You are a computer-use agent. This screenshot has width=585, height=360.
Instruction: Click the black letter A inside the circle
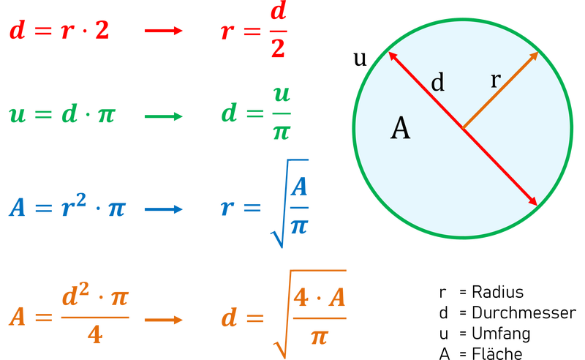coord(400,129)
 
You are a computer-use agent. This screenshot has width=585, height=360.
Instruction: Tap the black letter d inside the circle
coord(437,82)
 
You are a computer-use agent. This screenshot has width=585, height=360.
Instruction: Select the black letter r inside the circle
coord(495,80)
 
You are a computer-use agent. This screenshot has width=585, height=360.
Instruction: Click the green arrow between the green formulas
coord(163,116)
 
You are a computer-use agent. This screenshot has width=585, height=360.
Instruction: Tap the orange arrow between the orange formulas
coord(163,319)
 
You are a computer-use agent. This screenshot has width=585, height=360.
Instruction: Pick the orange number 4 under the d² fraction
coord(94,335)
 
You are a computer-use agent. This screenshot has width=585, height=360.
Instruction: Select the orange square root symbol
coord(282,322)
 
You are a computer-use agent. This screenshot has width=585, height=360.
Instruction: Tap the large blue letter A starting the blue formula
coord(18,209)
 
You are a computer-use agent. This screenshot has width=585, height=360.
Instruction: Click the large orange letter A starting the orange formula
coord(18,318)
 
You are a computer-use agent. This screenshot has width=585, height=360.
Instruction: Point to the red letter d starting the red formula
coord(17,31)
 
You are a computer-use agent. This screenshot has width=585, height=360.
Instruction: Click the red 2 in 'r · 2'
coord(102,31)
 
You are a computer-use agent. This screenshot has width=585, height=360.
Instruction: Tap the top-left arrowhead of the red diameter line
coord(393,56)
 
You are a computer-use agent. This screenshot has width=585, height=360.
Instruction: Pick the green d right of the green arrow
coord(229,116)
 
